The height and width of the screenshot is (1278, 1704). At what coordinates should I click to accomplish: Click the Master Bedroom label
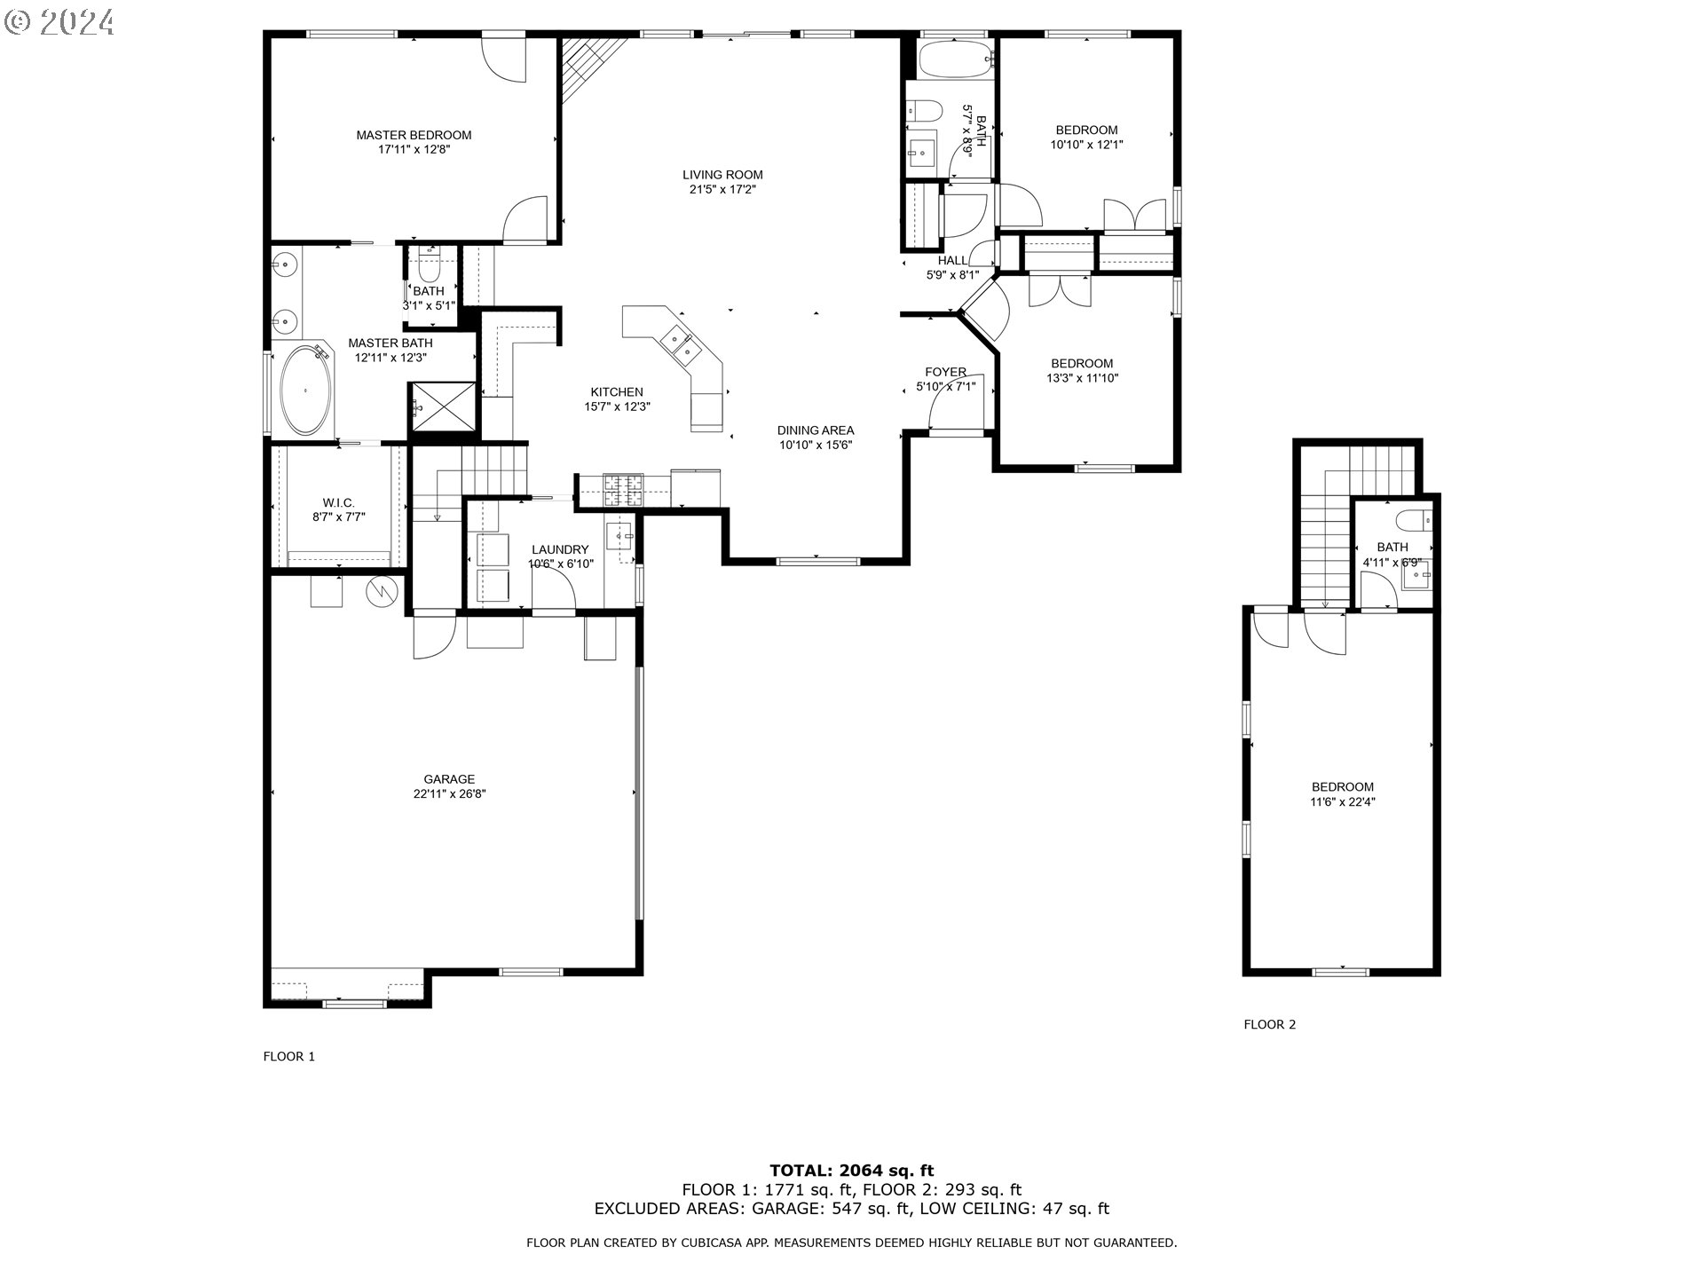point(414,135)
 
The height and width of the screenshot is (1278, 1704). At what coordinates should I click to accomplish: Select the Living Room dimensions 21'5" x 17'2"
point(722,189)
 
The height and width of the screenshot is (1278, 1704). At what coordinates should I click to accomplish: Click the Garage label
point(449,779)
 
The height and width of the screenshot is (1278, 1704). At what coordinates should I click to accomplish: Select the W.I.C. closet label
point(338,502)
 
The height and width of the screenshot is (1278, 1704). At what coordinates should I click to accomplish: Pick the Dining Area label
point(816,430)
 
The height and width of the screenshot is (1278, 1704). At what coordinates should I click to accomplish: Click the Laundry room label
point(560,549)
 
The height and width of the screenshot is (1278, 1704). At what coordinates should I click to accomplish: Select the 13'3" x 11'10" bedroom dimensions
point(1082,378)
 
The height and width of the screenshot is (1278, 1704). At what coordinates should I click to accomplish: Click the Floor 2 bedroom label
point(1343,786)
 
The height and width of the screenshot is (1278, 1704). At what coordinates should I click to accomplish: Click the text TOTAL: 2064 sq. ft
point(851,1171)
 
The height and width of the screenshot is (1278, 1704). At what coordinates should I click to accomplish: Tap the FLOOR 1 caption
point(289,1056)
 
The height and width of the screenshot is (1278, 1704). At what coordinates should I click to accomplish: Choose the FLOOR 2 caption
point(1269,1024)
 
